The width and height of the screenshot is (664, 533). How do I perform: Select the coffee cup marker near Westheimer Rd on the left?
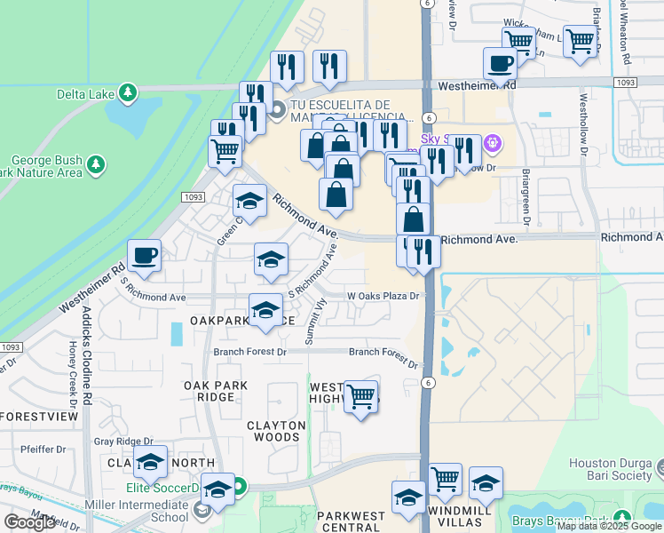(x=144, y=257)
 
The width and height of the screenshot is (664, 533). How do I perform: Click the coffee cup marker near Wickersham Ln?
(x=501, y=64)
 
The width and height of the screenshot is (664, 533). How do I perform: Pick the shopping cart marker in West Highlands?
(x=360, y=396)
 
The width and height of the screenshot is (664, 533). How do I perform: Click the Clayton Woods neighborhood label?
(x=276, y=431)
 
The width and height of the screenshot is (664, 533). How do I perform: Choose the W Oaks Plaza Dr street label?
(x=381, y=296)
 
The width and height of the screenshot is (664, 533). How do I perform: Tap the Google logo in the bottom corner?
(x=28, y=521)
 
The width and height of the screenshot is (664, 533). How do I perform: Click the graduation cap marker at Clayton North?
(x=151, y=462)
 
